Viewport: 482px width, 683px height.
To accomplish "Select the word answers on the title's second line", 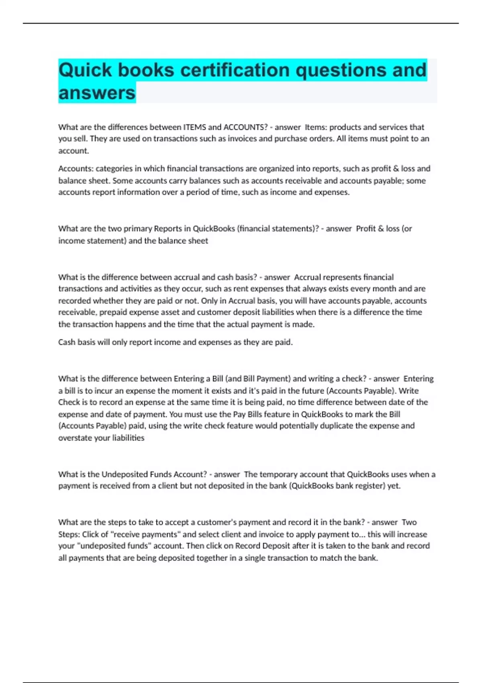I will [97, 93].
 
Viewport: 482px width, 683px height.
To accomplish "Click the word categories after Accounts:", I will [114, 168].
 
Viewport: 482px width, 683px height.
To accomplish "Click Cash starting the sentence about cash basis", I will [67, 342].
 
